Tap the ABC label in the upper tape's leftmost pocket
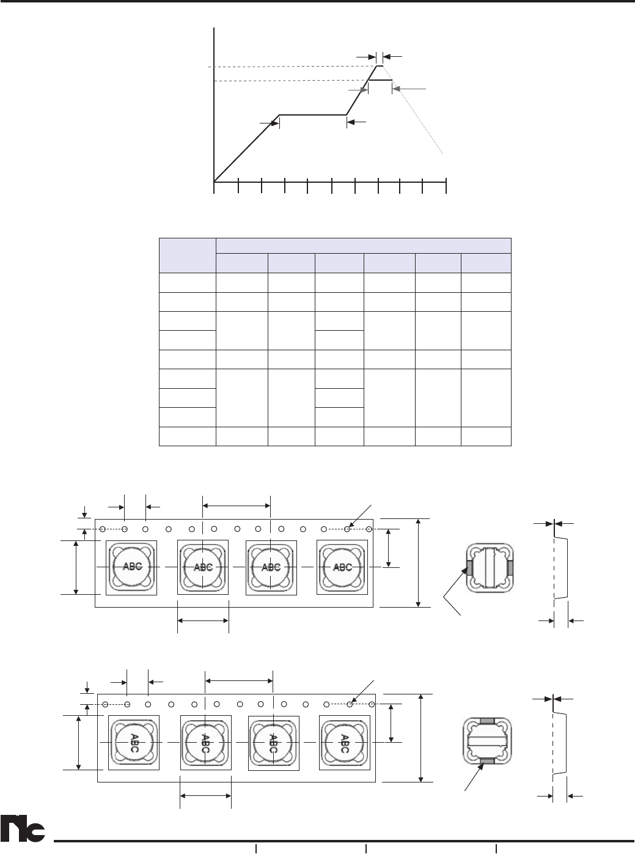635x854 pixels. [133, 567]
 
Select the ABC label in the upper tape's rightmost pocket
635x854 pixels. [342, 567]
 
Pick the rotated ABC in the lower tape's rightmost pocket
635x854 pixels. [345, 743]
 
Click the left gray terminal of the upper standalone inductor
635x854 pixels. [469, 567]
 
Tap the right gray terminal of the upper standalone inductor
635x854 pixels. [510, 567]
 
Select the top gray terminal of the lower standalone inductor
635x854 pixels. [487, 720]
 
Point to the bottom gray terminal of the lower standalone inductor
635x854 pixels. [488, 760]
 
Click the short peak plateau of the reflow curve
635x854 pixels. [380, 66]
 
